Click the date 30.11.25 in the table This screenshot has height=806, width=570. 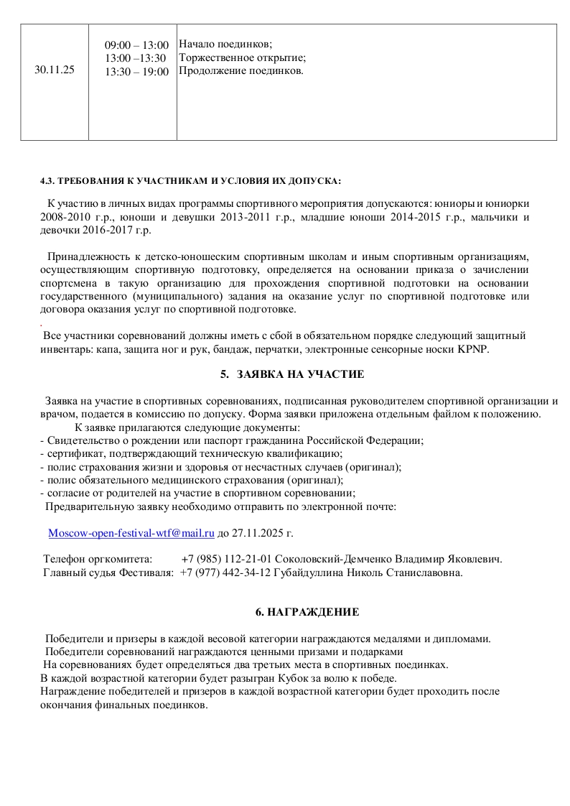coord(55,70)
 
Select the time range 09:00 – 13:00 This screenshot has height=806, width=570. coord(136,46)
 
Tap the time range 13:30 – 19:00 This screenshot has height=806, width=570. coord(136,72)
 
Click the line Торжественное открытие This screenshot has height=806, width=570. coord(242,58)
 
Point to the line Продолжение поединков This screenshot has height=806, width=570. coord(240,71)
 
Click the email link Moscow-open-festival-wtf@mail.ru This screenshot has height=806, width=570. coord(131,533)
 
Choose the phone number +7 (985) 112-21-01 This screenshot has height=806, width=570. coord(226,559)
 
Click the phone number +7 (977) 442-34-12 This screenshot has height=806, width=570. coord(226,573)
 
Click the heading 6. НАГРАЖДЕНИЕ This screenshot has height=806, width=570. coord(307,612)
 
